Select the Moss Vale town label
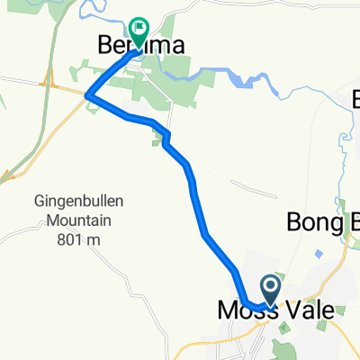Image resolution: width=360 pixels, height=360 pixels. tap(274, 310)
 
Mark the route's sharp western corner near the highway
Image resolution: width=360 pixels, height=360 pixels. tap(87, 94)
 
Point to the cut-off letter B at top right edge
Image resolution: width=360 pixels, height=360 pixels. tap(353, 96)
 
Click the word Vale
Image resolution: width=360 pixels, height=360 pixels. tap(307, 310)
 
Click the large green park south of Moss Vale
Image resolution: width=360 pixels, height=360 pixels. tap(286, 346)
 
